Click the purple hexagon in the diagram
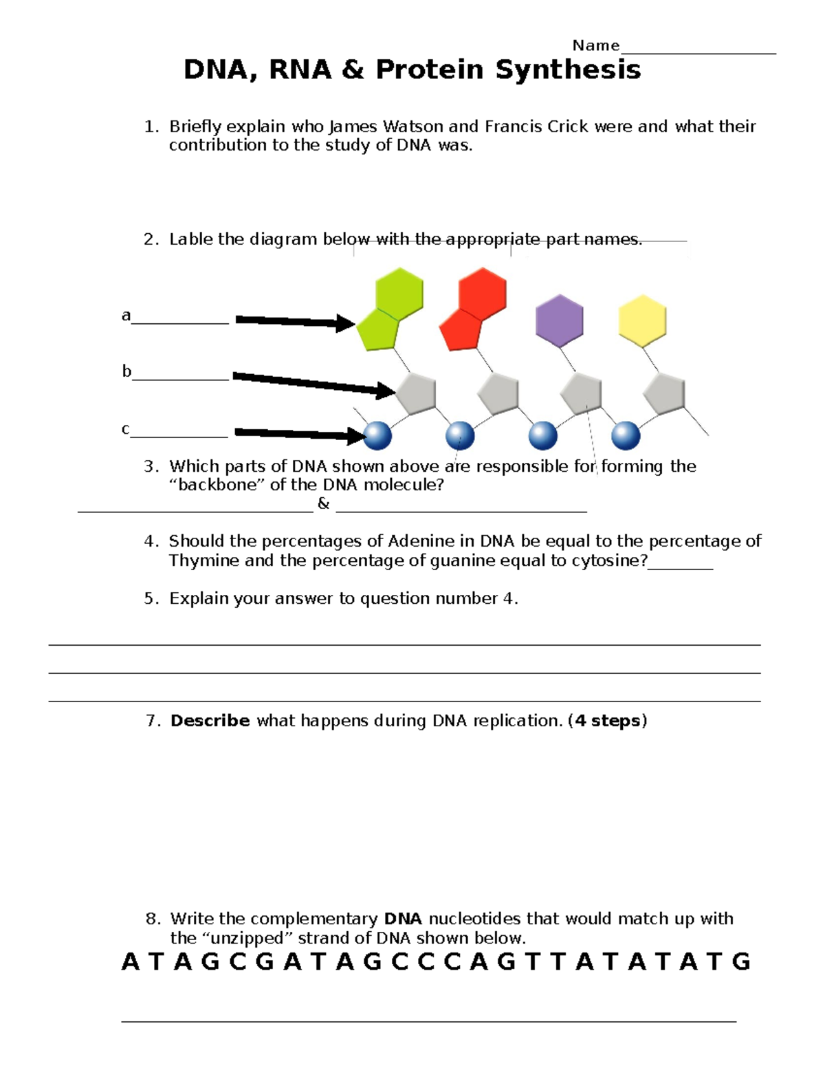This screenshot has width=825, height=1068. [560, 320]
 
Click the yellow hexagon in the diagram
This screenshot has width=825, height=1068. [642, 320]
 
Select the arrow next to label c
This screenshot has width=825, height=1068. [300, 433]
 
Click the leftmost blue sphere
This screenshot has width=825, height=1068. [377, 435]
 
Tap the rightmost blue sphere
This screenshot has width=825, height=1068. [626, 435]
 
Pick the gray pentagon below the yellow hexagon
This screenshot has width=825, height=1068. [664, 394]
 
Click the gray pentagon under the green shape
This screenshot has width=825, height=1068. [415, 393]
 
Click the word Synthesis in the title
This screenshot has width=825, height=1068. [568, 69]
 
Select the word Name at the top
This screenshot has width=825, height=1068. [595, 45]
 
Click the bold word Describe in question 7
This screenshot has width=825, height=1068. [210, 721]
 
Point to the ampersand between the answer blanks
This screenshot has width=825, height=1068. [324, 503]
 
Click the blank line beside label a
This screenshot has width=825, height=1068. [180, 322]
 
